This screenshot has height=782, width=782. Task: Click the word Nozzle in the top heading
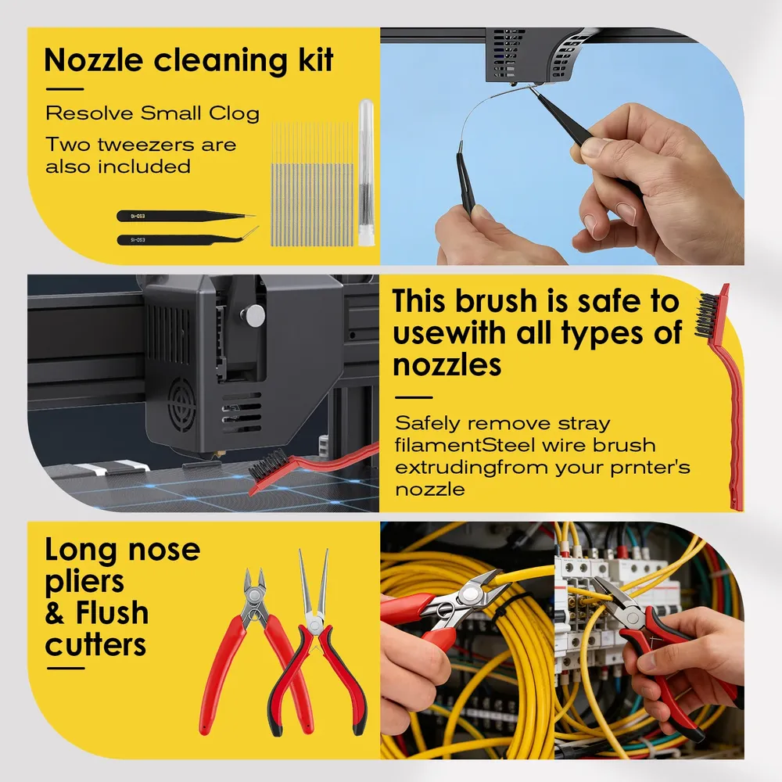coord(94,60)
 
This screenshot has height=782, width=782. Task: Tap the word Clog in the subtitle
coord(234,114)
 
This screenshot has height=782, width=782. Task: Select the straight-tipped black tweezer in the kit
coord(186,216)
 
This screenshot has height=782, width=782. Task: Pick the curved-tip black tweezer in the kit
coord(188,238)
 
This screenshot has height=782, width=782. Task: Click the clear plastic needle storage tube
coord(366,172)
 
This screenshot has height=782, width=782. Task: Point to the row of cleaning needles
coord(312,185)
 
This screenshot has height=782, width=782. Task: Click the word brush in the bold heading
coord(496,301)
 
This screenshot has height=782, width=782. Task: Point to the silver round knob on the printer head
coord(254,316)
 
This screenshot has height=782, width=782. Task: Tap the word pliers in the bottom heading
coord(84,582)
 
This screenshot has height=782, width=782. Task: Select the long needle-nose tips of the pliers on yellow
coord(314,583)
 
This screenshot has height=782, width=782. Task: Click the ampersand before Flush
coord(55,613)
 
